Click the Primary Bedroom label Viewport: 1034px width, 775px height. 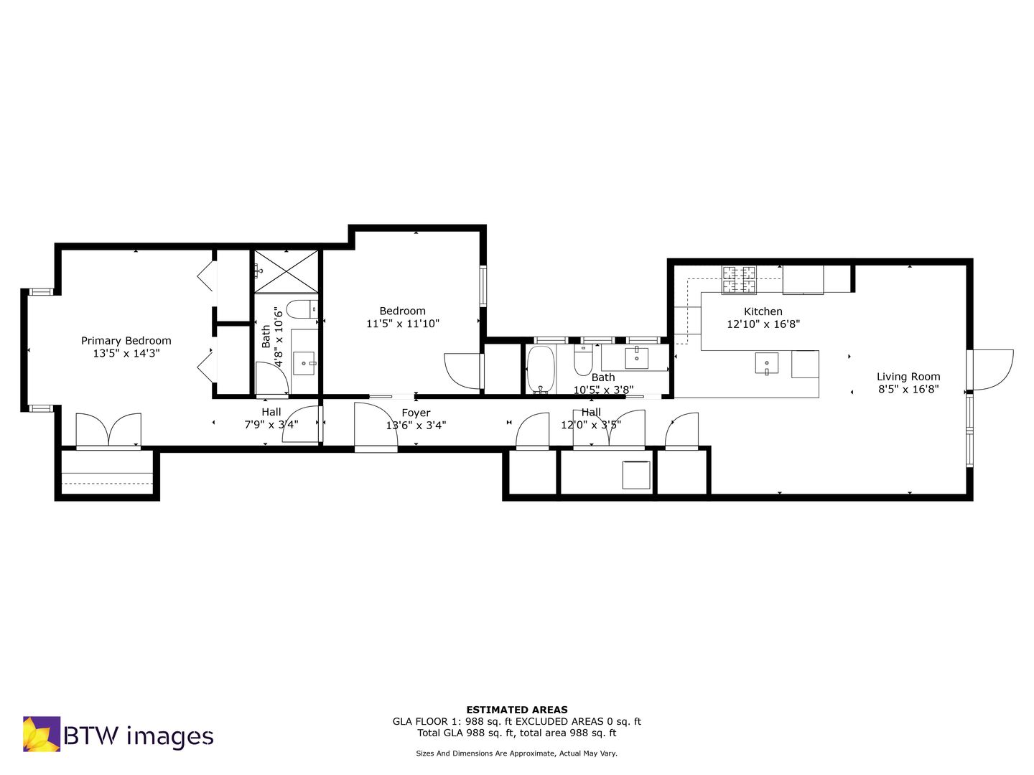(x=126, y=341)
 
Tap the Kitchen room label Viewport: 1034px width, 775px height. (x=763, y=311)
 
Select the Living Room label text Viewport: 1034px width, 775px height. (x=908, y=377)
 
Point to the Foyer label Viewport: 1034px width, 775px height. (x=416, y=413)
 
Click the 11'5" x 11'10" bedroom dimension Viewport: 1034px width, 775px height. (x=403, y=324)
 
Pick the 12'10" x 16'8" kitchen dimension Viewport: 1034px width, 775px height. (x=763, y=324)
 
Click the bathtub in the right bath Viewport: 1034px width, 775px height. (x=540, y=370)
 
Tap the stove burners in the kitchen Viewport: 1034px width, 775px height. (x=739, y=280)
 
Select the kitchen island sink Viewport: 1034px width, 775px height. (x=766, y=363)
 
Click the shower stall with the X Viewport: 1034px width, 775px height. (x=287, y=271)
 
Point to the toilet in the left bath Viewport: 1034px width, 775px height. (x=302, y=309)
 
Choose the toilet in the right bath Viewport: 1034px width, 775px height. (x=583, y=360)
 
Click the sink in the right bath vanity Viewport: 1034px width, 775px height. (x=636, y=358)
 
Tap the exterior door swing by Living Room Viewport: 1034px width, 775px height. (x=993, y=370)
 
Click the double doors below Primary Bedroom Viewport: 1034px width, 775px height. (x=108, y=430)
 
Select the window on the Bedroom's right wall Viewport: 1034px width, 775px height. (x=483, y=286)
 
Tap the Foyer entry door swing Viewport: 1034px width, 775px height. (x=376, y=425)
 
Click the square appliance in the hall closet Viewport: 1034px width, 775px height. (x=636, y=475)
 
